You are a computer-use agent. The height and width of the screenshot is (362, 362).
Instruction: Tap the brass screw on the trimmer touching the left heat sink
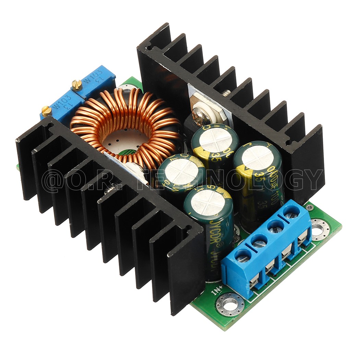coord(46,109)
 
